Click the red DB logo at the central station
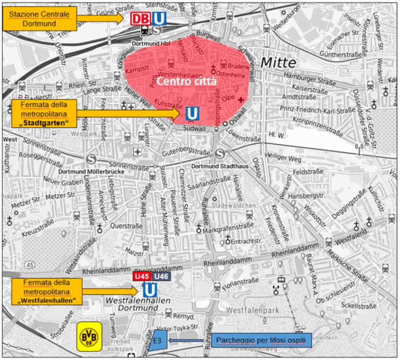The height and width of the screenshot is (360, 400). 140,19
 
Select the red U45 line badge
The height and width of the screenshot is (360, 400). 142,276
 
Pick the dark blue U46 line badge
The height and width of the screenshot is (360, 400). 162,276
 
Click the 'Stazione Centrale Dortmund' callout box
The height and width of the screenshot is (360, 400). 39,19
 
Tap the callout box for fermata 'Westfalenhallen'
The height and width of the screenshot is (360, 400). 45,292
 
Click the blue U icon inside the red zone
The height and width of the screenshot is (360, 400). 192,113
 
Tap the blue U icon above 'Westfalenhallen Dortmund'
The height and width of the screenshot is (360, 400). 151,290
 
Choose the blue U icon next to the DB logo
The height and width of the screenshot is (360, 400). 159,19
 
